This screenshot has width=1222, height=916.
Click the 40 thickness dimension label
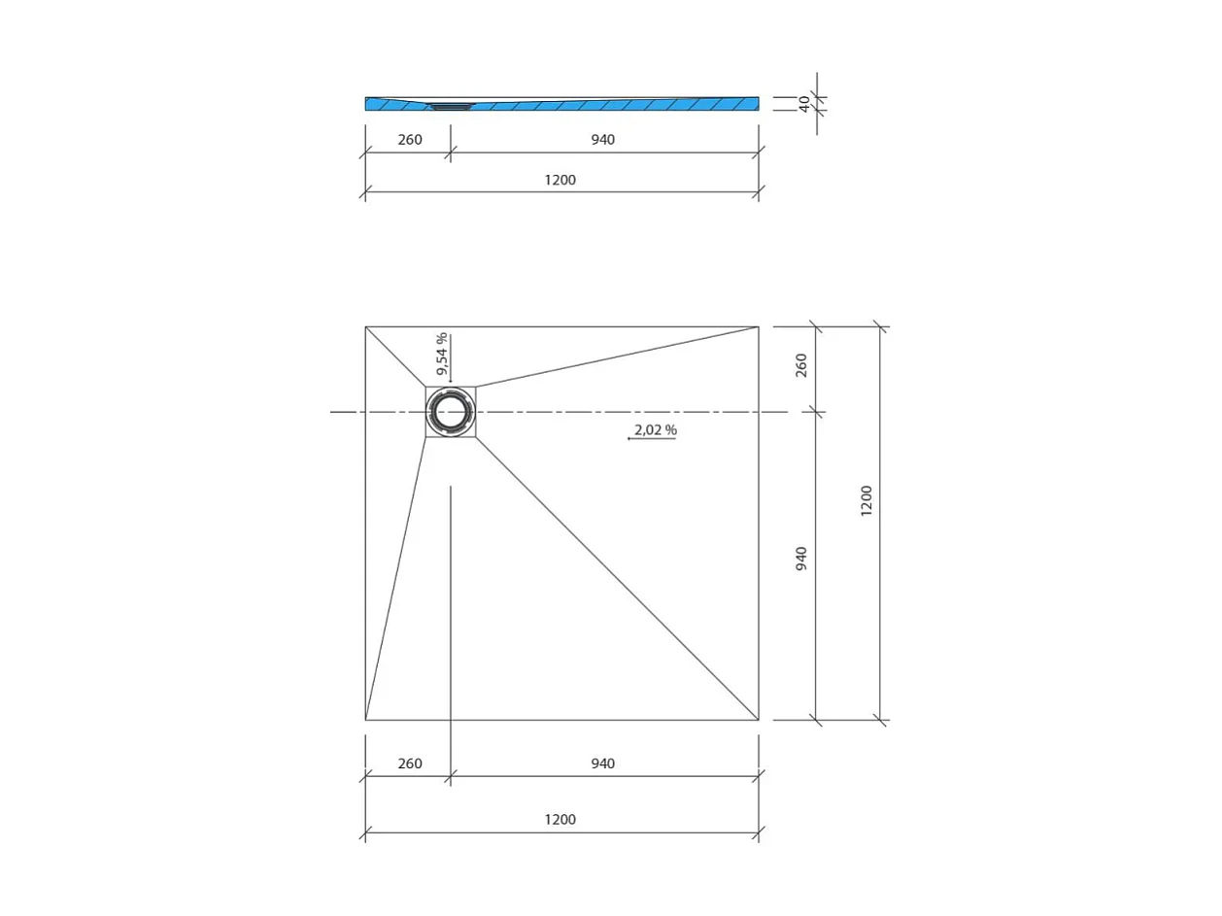click(x=804, y=104)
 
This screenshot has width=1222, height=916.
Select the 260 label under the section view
click(x=410, y=140)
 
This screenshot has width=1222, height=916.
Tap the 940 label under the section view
click(x=602, y=140)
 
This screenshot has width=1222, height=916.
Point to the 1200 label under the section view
click(x=560, y=180)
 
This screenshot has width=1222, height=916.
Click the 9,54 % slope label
click(x=441, y=354)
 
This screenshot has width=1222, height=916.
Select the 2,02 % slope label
click(x=655, y=429)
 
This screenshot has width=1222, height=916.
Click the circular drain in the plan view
click(x=451, y=412)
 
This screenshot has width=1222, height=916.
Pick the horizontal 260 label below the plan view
click(x=410, y=763)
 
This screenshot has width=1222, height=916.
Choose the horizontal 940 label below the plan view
click(x=602, y=763)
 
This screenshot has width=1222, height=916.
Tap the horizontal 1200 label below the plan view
click(x=560, y=820)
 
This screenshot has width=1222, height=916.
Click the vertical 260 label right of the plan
click(x=801, y=365)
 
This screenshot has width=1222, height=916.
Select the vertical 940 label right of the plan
click(x=801, y=559)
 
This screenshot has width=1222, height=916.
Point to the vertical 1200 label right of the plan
click(x=866, y=500)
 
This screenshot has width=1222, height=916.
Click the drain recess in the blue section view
click(x=450, y=106)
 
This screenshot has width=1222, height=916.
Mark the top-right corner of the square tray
click(x=759, y=327)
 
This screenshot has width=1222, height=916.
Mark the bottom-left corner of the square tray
click(x=366, y=720)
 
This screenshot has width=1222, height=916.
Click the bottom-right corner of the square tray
click(x=759, y=720)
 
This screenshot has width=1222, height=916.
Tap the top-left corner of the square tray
click(x=366, y=327)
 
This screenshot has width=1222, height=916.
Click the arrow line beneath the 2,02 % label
click(x=652, y=439)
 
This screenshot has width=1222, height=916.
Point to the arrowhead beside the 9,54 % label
click(x=451, y=381)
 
